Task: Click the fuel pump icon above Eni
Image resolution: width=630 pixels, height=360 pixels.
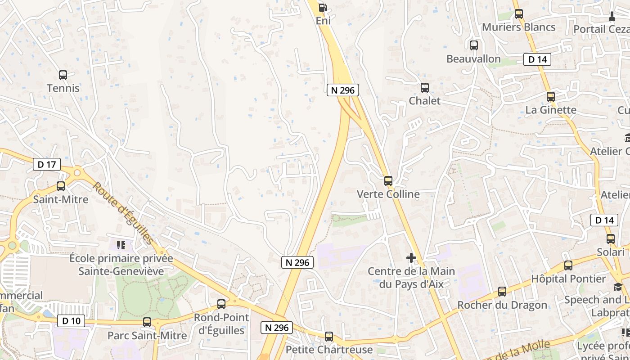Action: pos(323,7)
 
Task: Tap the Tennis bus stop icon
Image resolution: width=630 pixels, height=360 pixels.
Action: pos(63,75)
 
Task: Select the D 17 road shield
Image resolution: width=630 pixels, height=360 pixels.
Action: pos(47,164)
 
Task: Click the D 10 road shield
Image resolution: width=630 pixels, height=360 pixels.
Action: pos(71,321)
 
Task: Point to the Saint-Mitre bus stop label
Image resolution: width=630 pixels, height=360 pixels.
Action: pos(61,199)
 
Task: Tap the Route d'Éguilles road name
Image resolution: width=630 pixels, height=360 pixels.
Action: pos(123,213)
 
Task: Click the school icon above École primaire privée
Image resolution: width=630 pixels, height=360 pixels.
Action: pos(121,245)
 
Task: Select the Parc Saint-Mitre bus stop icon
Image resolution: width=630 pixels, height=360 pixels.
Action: pos(147,322)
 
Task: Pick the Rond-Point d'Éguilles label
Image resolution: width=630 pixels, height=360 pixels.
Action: pos(221,324)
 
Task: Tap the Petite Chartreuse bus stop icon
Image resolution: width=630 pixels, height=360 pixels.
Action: pos(329,336)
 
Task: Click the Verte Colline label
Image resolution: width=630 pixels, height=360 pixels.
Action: pos(388,194)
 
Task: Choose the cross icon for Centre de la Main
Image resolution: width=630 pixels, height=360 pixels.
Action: pos(411,258)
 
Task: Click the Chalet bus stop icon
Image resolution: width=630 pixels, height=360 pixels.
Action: pos(424,88)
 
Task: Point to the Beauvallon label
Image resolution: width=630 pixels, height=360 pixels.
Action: pos(473,58)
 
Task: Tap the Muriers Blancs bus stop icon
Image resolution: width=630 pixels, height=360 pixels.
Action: pos(519,14)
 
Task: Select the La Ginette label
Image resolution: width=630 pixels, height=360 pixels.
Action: pos(551,110)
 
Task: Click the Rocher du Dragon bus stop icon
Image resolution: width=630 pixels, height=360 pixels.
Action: pos(502,292)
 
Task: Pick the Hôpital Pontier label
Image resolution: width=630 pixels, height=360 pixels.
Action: pos(568,279)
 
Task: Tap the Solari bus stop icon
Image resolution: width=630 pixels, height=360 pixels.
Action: pos(611,239)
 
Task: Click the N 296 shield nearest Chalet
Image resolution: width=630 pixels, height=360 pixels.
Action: pos(342,90)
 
